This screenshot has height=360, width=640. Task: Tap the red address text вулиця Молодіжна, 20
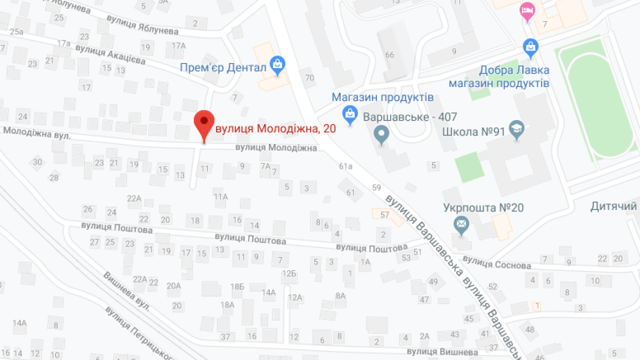275,128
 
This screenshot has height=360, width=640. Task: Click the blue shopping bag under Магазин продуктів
350,114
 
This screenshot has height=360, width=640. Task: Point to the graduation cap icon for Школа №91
515,129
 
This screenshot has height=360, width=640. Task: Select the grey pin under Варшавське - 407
382,134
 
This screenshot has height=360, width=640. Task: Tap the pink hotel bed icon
526,10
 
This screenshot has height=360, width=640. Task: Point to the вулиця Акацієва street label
110,54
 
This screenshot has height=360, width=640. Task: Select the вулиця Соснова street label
496,262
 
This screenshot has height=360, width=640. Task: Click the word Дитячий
613,206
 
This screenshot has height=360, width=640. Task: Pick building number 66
390,54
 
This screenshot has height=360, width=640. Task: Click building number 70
309,77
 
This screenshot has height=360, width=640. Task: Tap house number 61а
345,166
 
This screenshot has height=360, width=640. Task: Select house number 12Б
288,273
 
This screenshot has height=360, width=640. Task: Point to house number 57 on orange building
384,215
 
